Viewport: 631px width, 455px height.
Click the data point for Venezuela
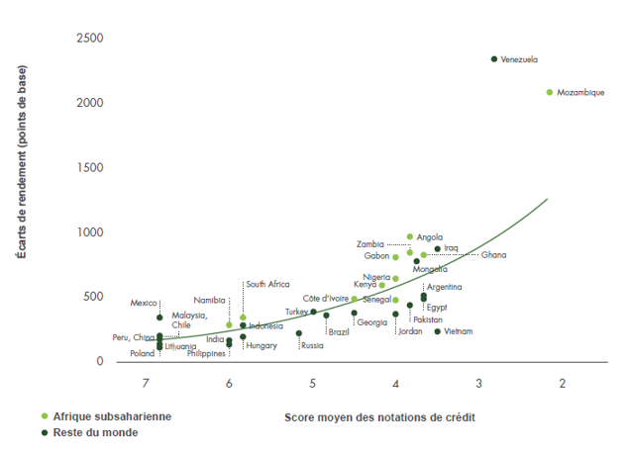pos(494,59)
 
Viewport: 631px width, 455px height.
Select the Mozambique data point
pos(550,92)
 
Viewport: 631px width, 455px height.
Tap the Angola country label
pos(430,237)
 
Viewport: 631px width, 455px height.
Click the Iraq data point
pos(437,249)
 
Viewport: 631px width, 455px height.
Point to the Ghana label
pos(493,255)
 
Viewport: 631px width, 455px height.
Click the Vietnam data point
pos(437,331)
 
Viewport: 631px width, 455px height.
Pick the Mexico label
pos(145,304)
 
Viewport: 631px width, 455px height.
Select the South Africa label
pos(267,284)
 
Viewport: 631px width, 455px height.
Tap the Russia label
pos(312,346)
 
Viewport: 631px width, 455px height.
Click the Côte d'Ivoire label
pos(326,298)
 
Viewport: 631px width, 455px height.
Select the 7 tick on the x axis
pos(146,384)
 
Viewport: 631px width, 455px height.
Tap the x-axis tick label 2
pos(562,384)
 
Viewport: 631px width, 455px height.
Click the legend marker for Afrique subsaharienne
pos(45,416)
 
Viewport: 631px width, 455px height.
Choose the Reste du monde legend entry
pos(95,432)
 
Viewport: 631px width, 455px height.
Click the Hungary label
pos(262,346)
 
